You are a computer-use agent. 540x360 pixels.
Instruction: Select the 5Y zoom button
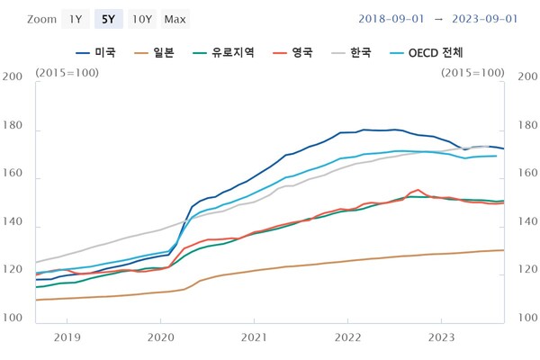pos(108,19)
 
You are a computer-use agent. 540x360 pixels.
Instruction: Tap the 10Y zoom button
pos(141,19)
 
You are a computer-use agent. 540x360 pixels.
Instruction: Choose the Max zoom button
pos(175,19)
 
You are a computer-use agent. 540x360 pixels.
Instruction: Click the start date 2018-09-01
pos(392,19)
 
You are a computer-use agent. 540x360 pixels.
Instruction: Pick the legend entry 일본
pos(157,53)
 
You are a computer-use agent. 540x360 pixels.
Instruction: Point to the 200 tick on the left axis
pos(13,78)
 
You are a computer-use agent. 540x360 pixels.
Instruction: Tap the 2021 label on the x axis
pos(255,338)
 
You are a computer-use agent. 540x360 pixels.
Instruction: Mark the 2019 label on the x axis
pos(67,338)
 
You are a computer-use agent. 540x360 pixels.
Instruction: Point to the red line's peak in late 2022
pos(418,190)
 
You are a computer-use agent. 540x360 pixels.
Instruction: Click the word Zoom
pos(41,19)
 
